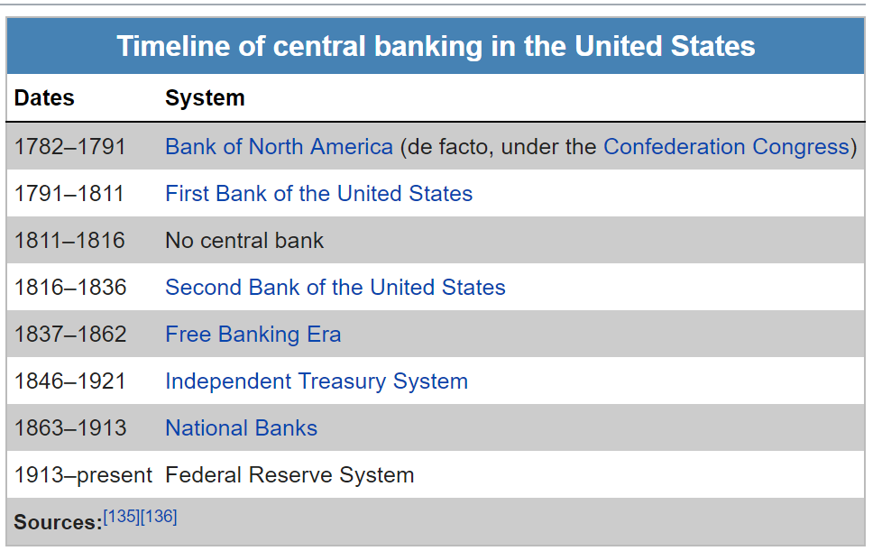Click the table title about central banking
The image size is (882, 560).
click(x=436, y=46)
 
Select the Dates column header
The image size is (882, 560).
click(x=44, y=97)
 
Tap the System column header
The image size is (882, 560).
click(x=205, y=97)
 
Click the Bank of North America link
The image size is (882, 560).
click(x=279, y=147)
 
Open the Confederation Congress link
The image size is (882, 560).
click(x=726, y=147)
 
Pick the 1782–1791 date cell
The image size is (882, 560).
click(x=69, y=147)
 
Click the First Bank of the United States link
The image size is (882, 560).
click(x=319, y=193)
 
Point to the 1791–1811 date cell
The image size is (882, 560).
click(x=69, y=193)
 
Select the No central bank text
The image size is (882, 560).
click(x=244, y=241)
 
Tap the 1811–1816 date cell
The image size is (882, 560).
click(x=69, y=241)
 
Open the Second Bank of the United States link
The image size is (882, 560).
click(x=335, y=288)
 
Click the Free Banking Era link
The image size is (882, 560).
click(x=253, y=335)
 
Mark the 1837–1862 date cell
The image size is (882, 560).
click(x=70, y=335)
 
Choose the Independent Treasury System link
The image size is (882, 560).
click(x=317, y=381)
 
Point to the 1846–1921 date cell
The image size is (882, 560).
click(x=69, y=381)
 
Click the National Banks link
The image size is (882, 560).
click(x=242, y=428)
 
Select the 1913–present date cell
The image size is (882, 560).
click(x=83, y=475)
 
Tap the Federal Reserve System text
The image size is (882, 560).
click(x=289, y=475)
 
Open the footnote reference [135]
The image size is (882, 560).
click(x=122, y=516)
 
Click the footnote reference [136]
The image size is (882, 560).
click(x=159, y=516)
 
